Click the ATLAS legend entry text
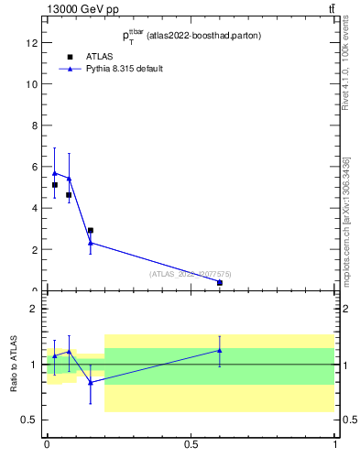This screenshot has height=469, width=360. tap(99, 56)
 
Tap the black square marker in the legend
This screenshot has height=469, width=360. tap(70, 56)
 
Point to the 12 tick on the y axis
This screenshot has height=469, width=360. tap(32, 43)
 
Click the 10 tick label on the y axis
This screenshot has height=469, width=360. tap(32, 84)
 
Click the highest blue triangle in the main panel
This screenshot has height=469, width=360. tap(55, 173)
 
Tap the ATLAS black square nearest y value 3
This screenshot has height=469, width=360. tap(90, 231)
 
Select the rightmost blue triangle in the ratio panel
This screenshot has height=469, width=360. tap(220, 350)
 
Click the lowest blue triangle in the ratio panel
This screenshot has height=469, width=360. tap(90, 383)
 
